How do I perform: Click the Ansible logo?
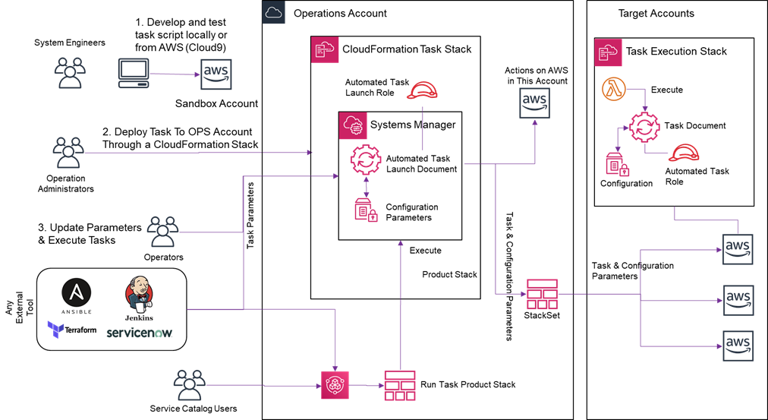[77, 296]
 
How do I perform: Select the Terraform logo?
[72, 330]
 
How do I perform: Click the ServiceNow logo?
[140, 333]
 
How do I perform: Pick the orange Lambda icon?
[614, 90]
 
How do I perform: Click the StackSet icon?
[542, 294]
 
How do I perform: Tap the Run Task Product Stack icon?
[400, 386]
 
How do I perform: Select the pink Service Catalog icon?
[335, 385]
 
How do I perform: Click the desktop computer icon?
[134, 74]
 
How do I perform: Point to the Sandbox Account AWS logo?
[216, 74]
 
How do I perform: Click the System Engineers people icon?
[70, 72]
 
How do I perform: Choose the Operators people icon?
[163, 232]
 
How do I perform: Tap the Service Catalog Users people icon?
[189, 385]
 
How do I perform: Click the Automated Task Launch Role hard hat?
[423, 90]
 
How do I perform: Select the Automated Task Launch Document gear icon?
[365, 160]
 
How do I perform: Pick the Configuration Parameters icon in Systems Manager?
[367, 210]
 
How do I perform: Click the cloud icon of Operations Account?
[273, 12]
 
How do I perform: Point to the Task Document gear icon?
[644, 127]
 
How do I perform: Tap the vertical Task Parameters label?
[250, 216]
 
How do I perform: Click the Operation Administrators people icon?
[68, 153]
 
